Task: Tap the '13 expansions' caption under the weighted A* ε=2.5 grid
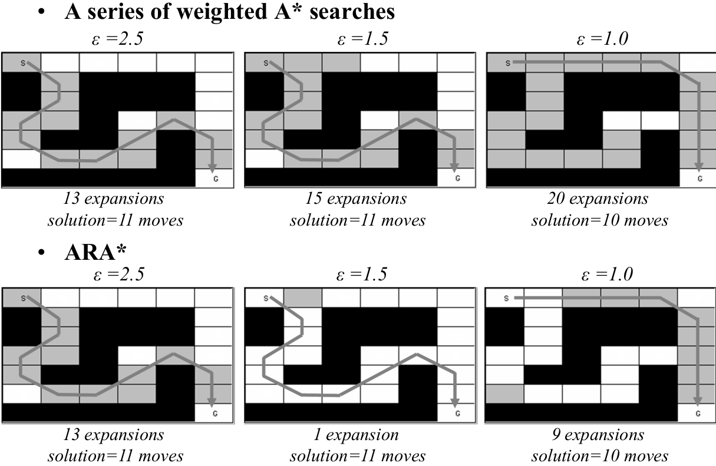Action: tap(114, 199)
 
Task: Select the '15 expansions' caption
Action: tap(356, 199)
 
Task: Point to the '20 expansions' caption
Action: tap(598, 199)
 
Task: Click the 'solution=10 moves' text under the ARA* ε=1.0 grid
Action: tap(599, 455)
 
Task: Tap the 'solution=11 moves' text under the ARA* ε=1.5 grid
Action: tap(358, 455)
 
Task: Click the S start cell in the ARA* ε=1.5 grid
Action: tap(263, 299)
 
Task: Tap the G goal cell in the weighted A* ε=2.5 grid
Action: tap(214, 177)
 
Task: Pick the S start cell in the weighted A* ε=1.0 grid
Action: tap(506, 62)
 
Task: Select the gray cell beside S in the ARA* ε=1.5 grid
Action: tap(302, 298)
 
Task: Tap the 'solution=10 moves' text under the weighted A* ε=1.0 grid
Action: tap(599, 220)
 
